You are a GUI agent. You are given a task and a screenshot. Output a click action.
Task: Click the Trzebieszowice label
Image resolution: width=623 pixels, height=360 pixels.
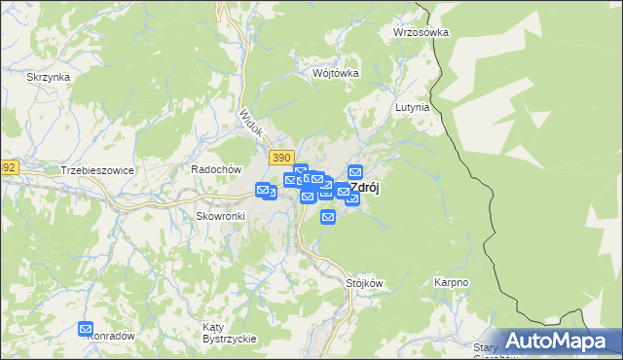click(96, 169)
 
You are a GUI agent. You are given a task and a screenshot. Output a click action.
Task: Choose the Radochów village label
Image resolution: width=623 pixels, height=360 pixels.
click(216, 168)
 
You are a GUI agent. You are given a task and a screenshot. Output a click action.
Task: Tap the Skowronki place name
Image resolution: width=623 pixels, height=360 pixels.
click(219, 215)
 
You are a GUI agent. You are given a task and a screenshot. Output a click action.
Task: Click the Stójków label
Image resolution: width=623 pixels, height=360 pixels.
click(365, 283)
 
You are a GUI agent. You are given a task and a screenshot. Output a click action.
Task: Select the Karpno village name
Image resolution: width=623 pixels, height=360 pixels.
click(452, 283)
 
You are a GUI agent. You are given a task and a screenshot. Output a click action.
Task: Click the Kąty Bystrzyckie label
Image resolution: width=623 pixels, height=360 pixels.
click(229, 332)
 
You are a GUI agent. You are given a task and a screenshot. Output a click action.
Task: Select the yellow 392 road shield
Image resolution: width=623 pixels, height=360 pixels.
click(8, 167)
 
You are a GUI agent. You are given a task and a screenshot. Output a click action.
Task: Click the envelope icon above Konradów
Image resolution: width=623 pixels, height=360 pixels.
click(86, 330)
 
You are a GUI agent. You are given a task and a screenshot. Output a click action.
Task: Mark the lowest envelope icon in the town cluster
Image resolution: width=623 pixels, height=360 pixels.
click(328, 216)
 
